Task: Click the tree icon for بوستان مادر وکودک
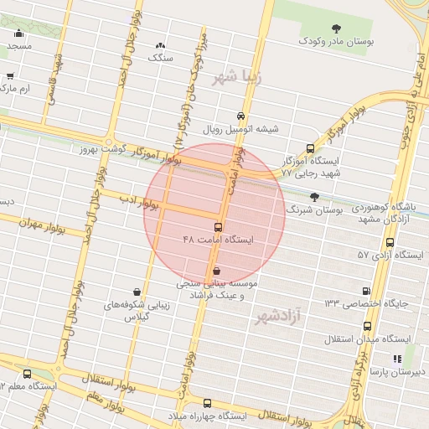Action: click(x=337, y=29)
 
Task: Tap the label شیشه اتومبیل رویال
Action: click(x=241, y=130)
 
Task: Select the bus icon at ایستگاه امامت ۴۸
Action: click(x=219, y=227)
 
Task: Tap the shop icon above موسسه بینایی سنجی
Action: click(x=217, y=271)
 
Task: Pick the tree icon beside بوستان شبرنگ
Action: click(x=314, y=198)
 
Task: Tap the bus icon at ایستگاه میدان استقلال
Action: click(x=368, y=326)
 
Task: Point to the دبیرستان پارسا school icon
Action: click(x=397, y=359)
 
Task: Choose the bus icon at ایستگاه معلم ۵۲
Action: click(x=28, y=374)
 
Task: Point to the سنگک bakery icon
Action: click(x=160, y=45)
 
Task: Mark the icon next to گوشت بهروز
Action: click(x=109, y=143)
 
